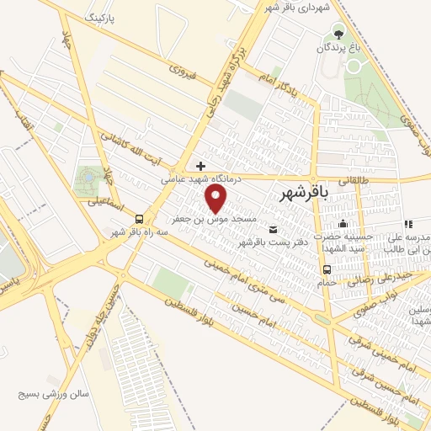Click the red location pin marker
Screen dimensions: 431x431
click(x=216, y=198)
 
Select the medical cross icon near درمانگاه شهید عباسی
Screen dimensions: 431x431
click(x=200, y=165)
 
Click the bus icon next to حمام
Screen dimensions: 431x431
click(x=327, y=269)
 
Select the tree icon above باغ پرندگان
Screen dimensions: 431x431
click(x=338, y=34)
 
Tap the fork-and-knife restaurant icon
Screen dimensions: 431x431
click(x=408, y=224)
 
